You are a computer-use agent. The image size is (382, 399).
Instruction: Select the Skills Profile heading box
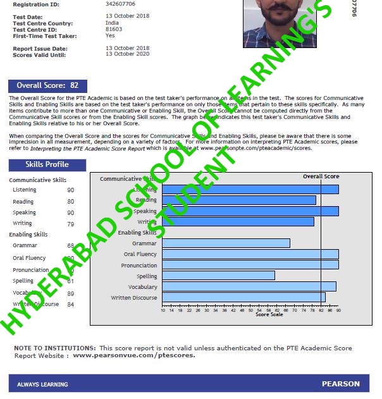pyautogui.click(x=47, y=165)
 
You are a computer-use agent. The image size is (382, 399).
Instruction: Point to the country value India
pyautogui.click(x=112, y=23)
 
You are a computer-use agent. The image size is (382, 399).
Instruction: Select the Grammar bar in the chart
pyautogui.click(x=226, y=243)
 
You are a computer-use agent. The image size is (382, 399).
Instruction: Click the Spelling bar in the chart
pyautogui.click(x=218, y=276)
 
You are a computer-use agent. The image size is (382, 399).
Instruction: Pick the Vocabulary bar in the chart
pyautogui.click(x=249, y=286)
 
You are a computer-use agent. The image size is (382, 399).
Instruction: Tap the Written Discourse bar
pyautogui.click(x=243, y=297)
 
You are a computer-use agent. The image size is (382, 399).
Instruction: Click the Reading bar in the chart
pyautogui.click(x=238, y=200)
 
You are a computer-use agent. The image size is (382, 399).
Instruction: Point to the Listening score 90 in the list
pyautogui.click(x=70, y=190)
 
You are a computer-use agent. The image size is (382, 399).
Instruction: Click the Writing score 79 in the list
pyautogui.click(x=70, y=223)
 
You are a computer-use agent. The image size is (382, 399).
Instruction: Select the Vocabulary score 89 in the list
pyautogui.click(x=70, y=293)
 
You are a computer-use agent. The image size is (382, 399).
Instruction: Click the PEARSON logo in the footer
pyautogui.click(x=340, y=384)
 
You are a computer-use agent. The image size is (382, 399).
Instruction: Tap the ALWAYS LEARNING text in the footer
pyautogui.click(x=40, y=384)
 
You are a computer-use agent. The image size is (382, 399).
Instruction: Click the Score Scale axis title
pyautogui.click(x=269, y=315)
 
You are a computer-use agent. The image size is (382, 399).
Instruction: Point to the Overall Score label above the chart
pyautogui.click(x=321, y=176)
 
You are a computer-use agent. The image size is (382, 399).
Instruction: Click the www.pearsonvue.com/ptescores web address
pyautogui.click(x=134, y=355)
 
